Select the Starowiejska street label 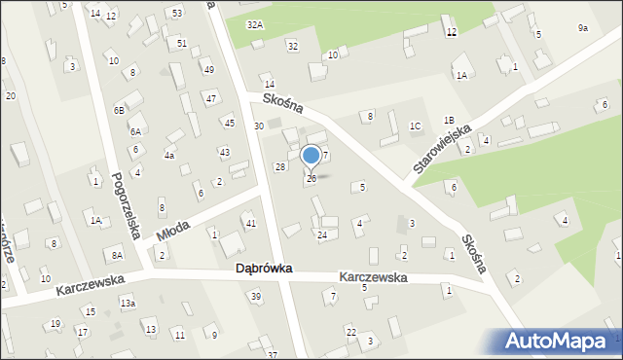[442, 148]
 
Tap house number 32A [255, 24]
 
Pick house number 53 [176, 13]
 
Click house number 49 [208, 70]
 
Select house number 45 [229, 123]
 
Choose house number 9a [582, 28]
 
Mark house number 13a [128, 304]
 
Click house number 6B [119, 111]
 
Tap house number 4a [169, 156]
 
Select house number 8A [117, 255]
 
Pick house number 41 [250, 224]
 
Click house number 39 [256, 296]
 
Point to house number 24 [321, 234]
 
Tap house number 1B [449, 120]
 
